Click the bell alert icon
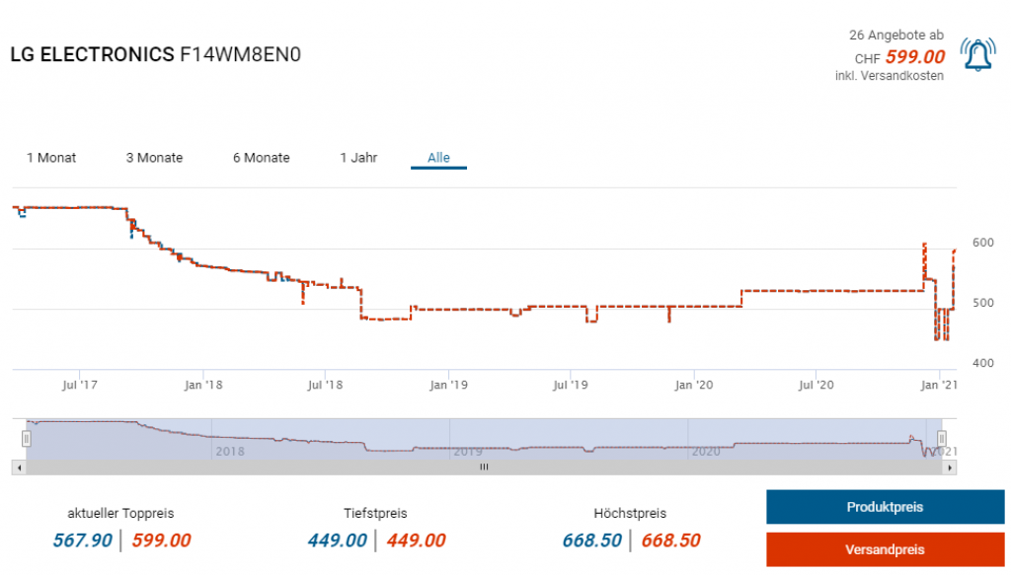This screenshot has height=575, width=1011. pyautogui.click(x=978, y=54)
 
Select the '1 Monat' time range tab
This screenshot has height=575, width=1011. pyautogui.click(x=51, y=158)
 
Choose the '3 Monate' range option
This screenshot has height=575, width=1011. pyautogui.click(x=154, y=158)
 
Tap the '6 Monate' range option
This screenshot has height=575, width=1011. pyautogui.click(x=262, y=158)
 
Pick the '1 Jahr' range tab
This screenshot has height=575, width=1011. pyautogui.click(x=358, y=158)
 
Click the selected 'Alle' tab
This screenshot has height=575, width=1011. pyautogui.click(x=438, y=158)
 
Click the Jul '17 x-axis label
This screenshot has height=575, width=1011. pyautogui.click(x=80, y=385)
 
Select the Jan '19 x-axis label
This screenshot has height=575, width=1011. pyautogui.click(x=449, y=385)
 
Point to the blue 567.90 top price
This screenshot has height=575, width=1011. pyautogui.click(x=83, y=540)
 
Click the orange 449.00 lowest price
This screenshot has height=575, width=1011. pyautogui.click(x=416, y=540)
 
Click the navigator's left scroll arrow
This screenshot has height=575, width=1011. pyautogui.click(x=18, y=467)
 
